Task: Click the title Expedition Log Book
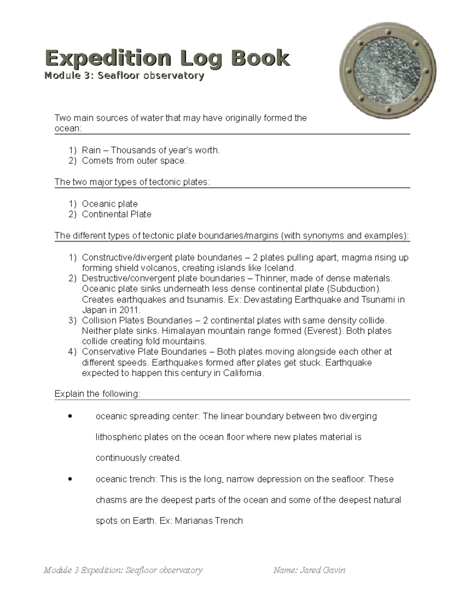pos(167,58)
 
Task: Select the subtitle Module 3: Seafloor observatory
pos(124,76)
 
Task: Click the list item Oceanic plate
pos(110,204)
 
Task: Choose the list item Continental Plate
pos(116,214)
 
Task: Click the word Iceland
pos(279,268)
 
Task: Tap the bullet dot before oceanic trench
pos(70,480)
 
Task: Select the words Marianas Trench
pos(209,521)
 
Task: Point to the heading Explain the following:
pos(97,394)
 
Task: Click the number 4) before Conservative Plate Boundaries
pos(72,352)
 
